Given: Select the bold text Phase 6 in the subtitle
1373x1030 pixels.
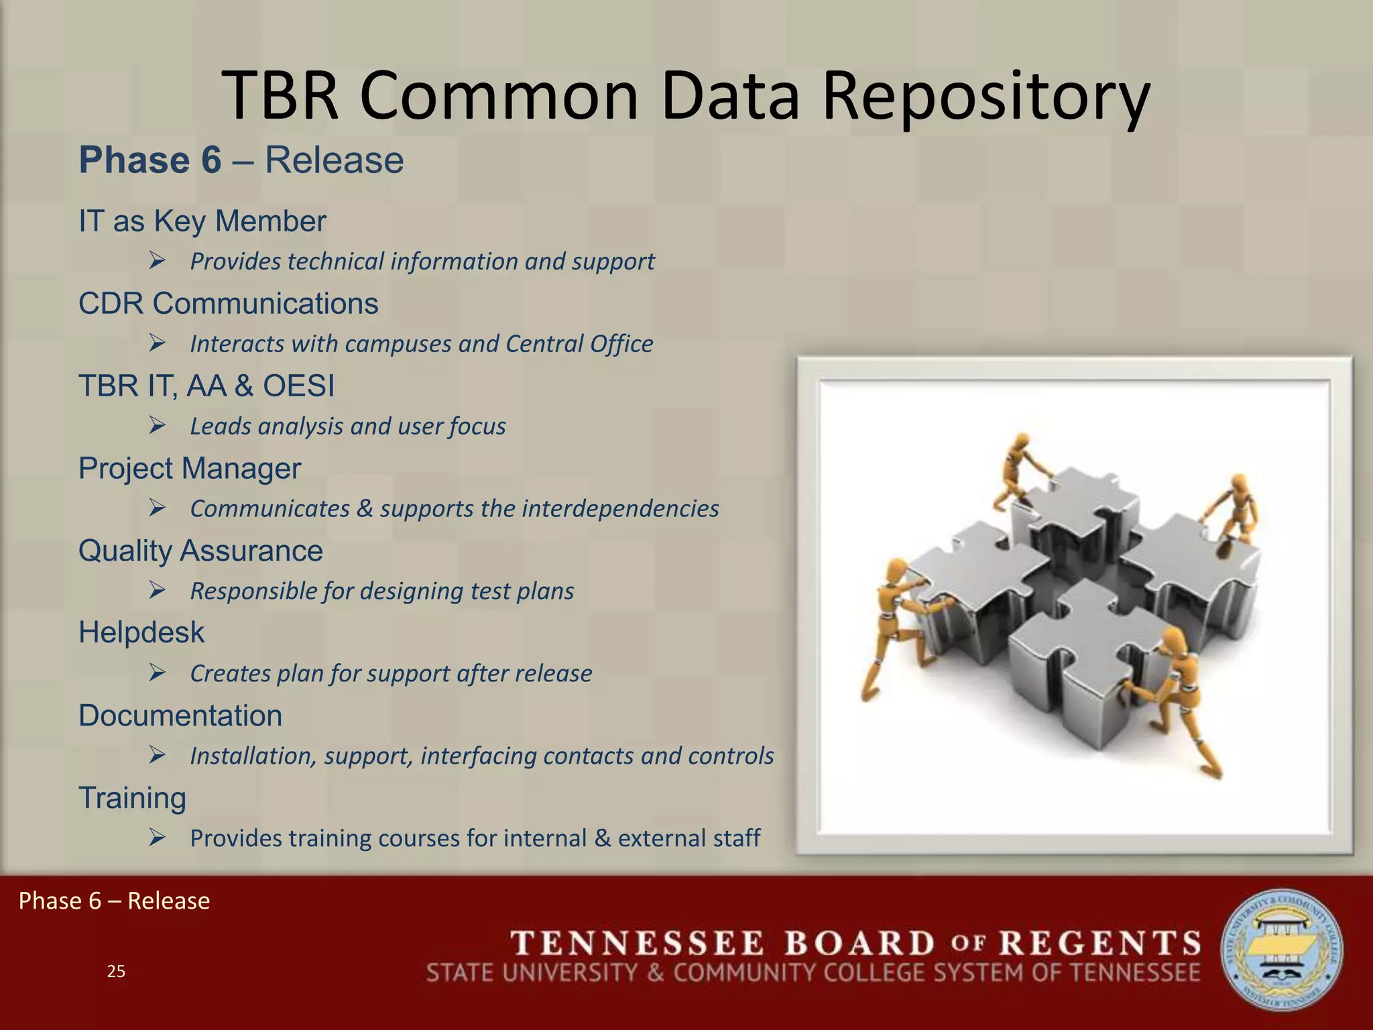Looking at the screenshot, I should point(150,161).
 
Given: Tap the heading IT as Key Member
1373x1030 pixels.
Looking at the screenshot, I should point(202,221).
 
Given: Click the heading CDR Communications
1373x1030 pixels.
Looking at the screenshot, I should point(228,304).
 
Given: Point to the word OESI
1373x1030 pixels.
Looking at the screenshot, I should point(298,386).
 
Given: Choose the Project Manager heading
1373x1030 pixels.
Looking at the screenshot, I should point(190,469).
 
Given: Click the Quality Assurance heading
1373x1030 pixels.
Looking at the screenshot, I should point(200,551).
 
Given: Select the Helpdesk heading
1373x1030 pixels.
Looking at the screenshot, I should point(141,633).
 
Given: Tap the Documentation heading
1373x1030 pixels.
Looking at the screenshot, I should point(180,716).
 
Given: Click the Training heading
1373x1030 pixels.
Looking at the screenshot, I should point(132,798).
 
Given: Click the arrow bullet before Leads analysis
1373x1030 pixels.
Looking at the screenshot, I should point(158,426).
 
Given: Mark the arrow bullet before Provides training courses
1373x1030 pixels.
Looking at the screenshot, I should point(158,838).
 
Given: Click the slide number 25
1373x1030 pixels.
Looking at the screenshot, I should point(116,972).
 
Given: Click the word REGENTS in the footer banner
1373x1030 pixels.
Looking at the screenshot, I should point(1100,943).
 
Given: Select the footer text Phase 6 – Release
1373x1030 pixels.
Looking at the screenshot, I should point(114,901).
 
